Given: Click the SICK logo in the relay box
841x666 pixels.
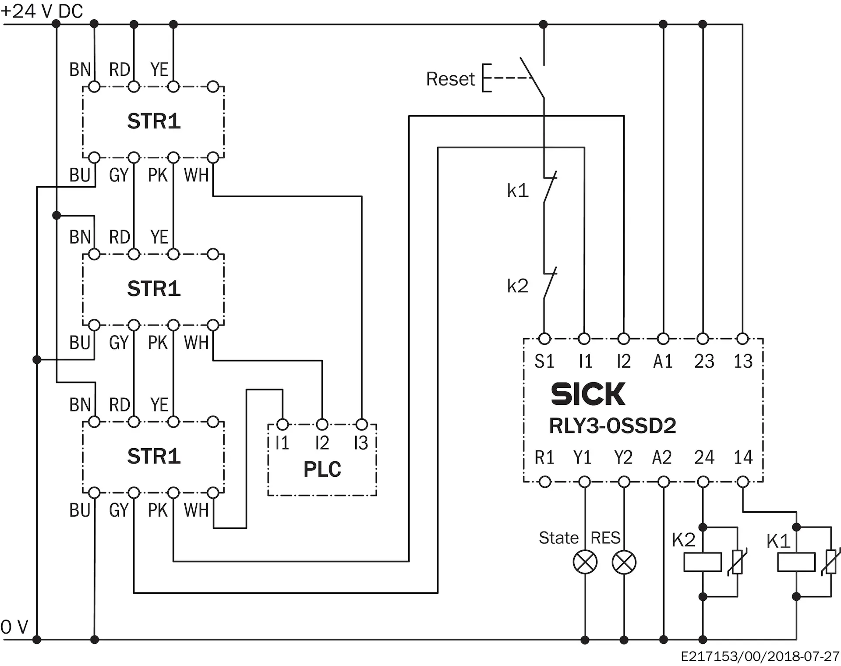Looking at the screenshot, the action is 588,394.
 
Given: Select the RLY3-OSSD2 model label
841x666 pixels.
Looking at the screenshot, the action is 612,425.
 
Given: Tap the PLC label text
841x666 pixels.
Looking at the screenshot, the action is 322,469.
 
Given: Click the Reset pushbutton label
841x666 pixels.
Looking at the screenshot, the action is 450,79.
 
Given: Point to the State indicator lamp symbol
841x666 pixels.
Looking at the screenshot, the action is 585,562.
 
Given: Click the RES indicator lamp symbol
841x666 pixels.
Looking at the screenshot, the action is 624,562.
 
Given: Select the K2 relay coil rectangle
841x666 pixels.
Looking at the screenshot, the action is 703,562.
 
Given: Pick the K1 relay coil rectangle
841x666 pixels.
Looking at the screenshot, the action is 796,562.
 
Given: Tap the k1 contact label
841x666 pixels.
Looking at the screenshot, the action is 517,191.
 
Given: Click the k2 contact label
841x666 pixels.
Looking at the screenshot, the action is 517,286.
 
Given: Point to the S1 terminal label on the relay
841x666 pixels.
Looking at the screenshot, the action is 544,361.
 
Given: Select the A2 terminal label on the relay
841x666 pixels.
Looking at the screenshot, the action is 662,457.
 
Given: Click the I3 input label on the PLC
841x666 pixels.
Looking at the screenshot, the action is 361,443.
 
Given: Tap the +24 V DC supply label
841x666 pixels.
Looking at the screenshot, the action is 42,11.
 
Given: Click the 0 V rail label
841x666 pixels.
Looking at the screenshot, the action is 14,627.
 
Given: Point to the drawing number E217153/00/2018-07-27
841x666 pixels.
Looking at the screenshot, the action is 760,656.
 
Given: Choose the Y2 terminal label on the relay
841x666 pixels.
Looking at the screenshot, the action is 623,457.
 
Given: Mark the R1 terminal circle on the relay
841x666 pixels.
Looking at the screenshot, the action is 544,482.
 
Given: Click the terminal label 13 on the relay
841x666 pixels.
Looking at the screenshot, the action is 743,361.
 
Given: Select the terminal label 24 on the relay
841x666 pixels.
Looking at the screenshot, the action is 704,457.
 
